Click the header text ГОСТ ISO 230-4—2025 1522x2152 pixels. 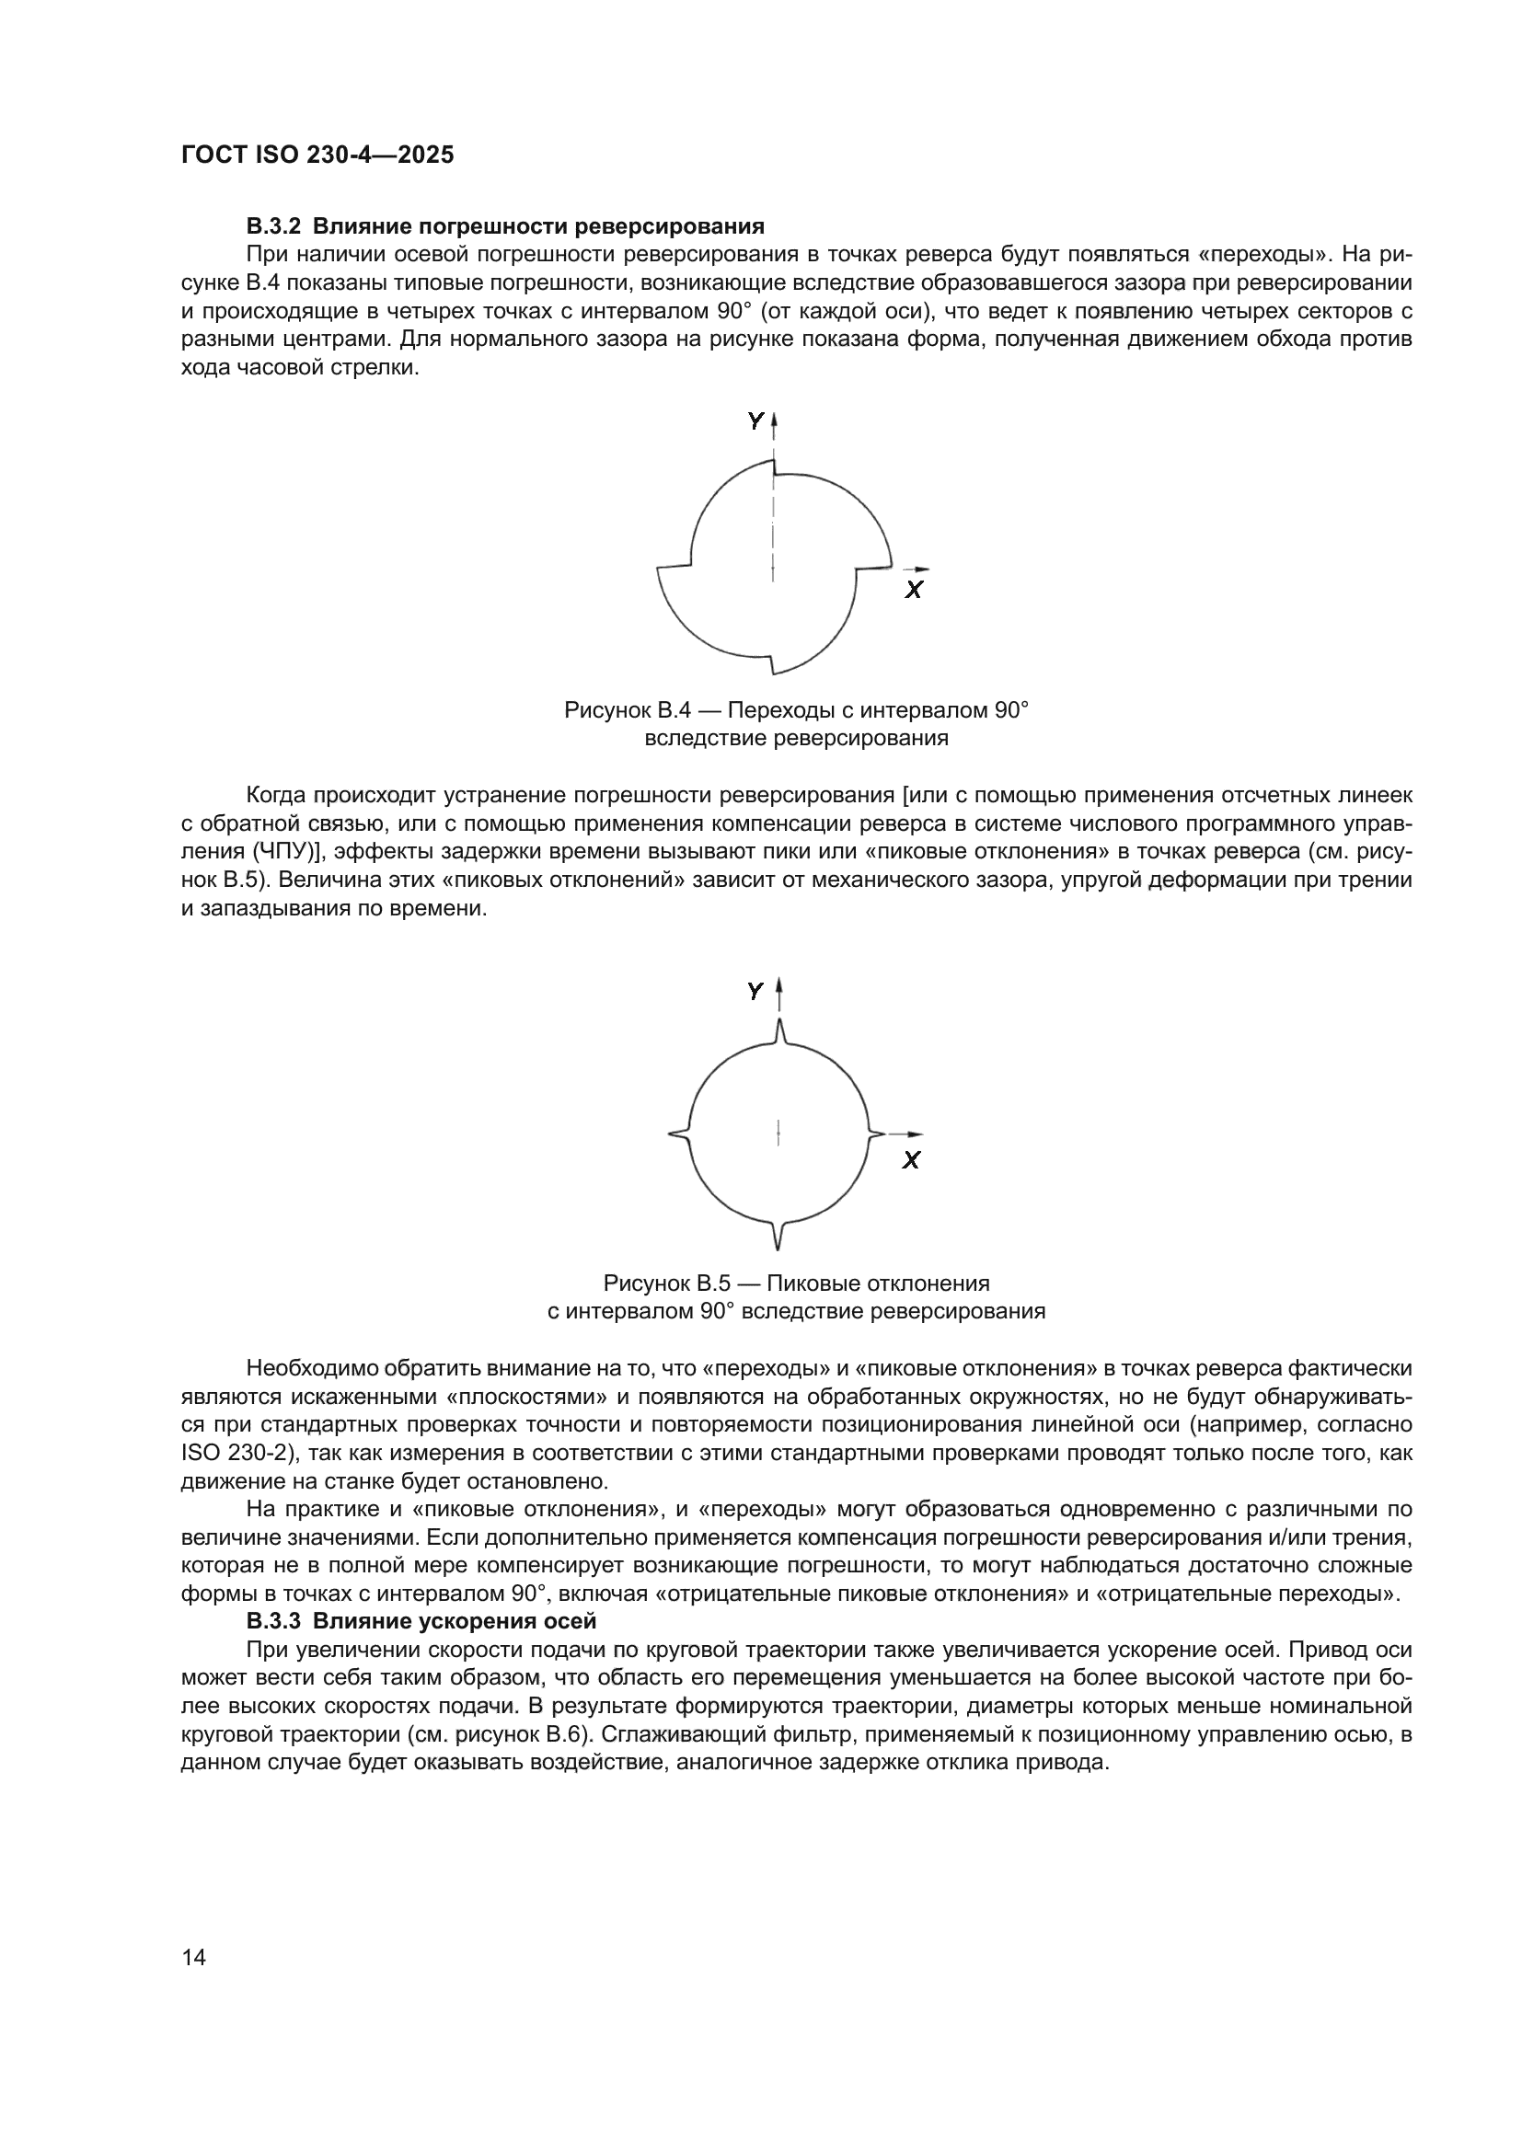click(317, 155)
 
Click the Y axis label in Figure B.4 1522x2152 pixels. click(755, 421)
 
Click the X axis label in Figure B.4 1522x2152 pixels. click(914, 590)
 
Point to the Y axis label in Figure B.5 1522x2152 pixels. click(755, 991)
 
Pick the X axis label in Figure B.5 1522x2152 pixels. click(911, 1160)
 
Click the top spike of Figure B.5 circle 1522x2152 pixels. click(779, 1030)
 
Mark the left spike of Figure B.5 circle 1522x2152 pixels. click(677, 1134)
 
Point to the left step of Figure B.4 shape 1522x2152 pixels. click(673, 566)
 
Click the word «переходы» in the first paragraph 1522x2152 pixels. click(1257, 254)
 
